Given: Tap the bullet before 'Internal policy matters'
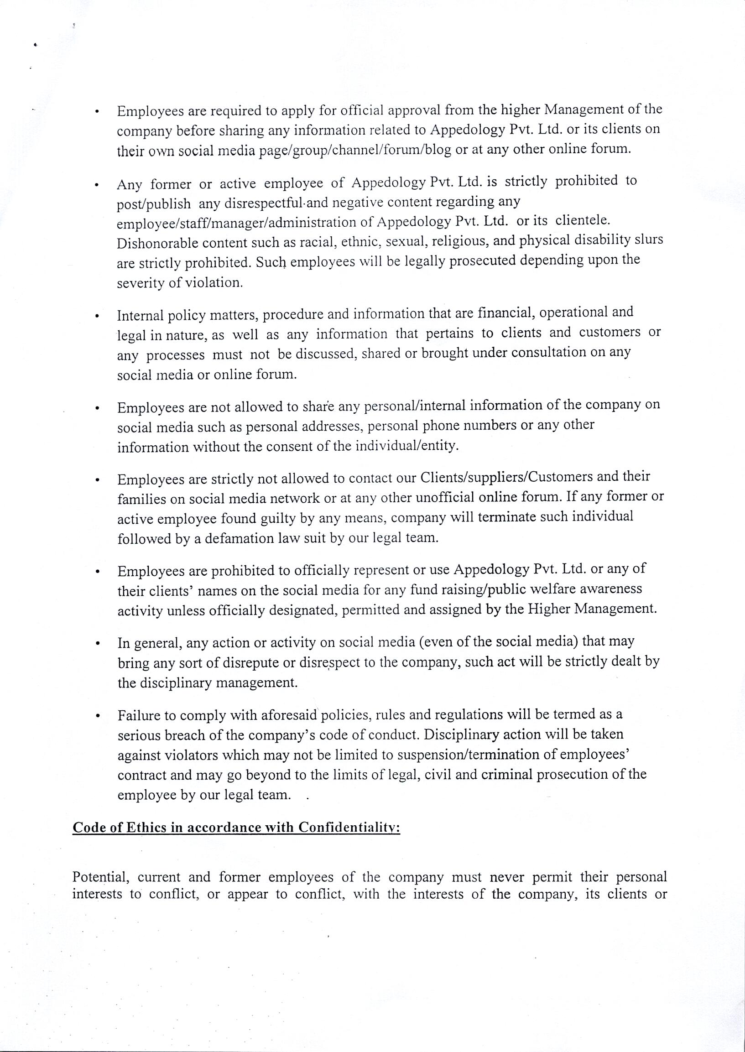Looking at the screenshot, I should click(x=97, y=317).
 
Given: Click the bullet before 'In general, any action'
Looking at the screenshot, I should click(x=97, y=644).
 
